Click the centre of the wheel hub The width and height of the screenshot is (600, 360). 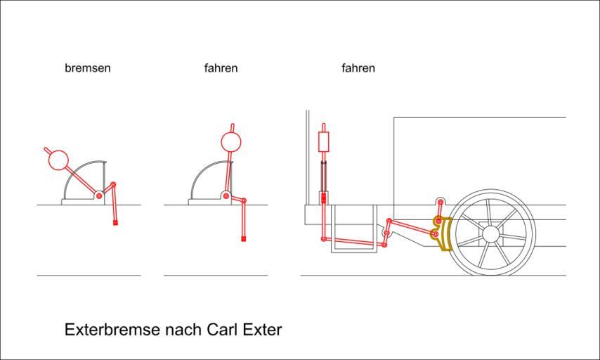pyautogui.click(x=491, y=233)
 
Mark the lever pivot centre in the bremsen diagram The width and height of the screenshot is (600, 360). pyautogui.click(x=99, y=196)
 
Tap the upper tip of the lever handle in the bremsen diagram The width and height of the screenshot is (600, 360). pyautogui.click(x=46, y=148)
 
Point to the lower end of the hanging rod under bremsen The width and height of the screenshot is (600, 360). pyautogui.click(x=115, y=224)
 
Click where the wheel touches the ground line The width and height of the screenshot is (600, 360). pyautogui.click(x=491, y=275)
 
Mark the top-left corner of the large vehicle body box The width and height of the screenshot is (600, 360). pyautogui.click(x=393, y=117)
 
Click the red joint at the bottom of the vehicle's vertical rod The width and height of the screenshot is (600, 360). pyautogui.click(x=323, y=239)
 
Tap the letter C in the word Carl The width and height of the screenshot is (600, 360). pyautogui.click(x=212, y=330)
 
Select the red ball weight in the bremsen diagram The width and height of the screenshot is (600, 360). pyautogui.click(x=58, y=160)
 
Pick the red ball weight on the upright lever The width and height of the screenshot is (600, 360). pyautogui.click(x=231, y=142)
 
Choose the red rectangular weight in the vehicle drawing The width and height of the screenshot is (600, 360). pyautogui.click(x=324, y=142)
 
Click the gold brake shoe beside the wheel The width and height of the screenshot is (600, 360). pyautogui.click(x=441, y=233)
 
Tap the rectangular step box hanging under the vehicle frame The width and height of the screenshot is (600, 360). pyautogui.click(x=353, y=229)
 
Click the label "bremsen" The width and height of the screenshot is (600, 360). pyautogui.click(x=88, y=68)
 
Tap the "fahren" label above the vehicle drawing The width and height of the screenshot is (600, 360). pyautogui.click(x=358, y=68)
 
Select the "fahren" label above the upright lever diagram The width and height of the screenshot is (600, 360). pyautogui.click(x=221, y=68)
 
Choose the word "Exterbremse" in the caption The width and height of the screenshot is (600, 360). pyautogui.click(x=112, y=330)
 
